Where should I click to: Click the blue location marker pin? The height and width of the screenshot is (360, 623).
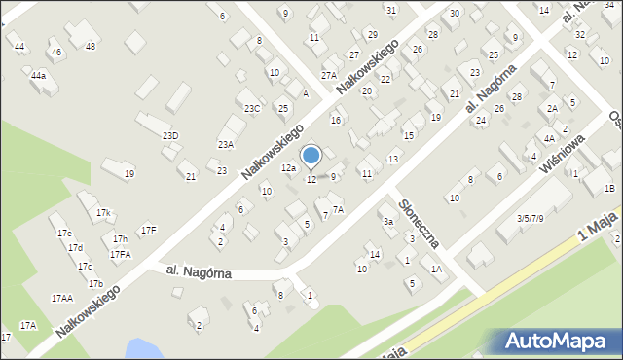[x=311, y=156]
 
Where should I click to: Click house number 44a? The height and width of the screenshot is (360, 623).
[x=38, y=75]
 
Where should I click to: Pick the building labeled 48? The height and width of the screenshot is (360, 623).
[x=91, y=46]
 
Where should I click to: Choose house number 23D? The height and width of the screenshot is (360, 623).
[x=170, y=135]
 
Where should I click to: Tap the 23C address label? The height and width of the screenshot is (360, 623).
[x=252, y=108]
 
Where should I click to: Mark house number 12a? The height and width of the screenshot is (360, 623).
[x=288, y=168]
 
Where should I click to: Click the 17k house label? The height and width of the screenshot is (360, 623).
[x=103, y=212]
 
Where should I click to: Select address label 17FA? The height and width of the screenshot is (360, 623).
[x=120, y=254]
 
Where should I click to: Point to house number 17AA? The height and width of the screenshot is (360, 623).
[x=61, y=298]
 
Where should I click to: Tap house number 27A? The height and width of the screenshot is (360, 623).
[x=329, y=75]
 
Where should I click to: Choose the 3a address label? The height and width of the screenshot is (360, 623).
[x=387, y=222]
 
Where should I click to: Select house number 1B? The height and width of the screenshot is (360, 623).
[x=610, y=188]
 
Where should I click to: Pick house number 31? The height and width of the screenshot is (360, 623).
[x=390, y=10]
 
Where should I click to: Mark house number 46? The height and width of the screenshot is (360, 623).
[x=56, y=52]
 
